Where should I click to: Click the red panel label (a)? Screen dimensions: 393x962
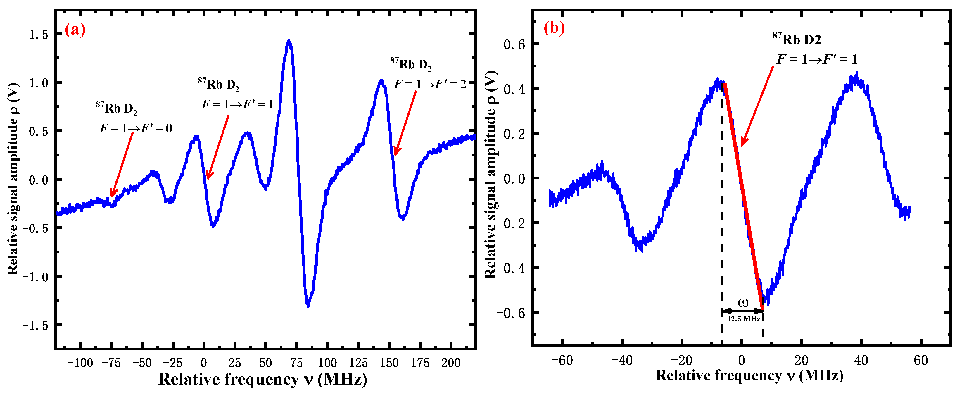[x=75, y=29]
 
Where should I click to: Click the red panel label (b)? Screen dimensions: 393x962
[x=554, y=28]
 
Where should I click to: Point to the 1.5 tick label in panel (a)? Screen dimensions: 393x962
[x=39, y=35]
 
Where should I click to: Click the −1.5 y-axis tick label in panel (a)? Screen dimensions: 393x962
[x=35, y=326]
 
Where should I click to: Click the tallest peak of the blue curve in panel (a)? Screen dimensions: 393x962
[x=288, y=41]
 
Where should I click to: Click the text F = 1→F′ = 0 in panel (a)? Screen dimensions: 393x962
[x=136, y=128]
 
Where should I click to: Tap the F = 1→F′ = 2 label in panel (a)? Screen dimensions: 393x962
[x=430, y=85]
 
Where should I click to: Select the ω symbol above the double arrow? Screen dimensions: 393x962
[x=743, y=303]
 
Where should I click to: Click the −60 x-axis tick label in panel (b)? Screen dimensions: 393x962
[x=562, y=361]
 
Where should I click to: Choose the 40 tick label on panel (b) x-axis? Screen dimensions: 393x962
[x=861, y=361]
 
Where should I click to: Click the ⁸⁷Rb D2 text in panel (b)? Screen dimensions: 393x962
[x=797, y=39]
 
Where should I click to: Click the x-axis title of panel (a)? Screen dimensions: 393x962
[x=262, y=380]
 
